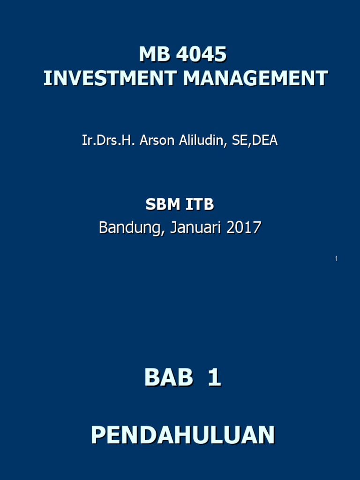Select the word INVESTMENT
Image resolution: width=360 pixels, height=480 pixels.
click(x=110, y=78)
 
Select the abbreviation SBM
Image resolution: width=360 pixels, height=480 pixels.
click(x=162, y=204)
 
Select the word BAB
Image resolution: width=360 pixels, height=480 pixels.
click(x=169, y=377)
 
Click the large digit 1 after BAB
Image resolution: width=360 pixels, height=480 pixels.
click(x=214, y=377)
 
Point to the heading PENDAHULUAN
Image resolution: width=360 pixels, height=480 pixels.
click(x=183, y=435)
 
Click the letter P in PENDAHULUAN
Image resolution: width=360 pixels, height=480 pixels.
click(x=97, y=435)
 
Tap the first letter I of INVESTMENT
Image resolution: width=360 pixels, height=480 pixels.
click(x=46, y=78)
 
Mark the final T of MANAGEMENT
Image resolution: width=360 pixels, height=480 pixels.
click(x=322, y=78)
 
